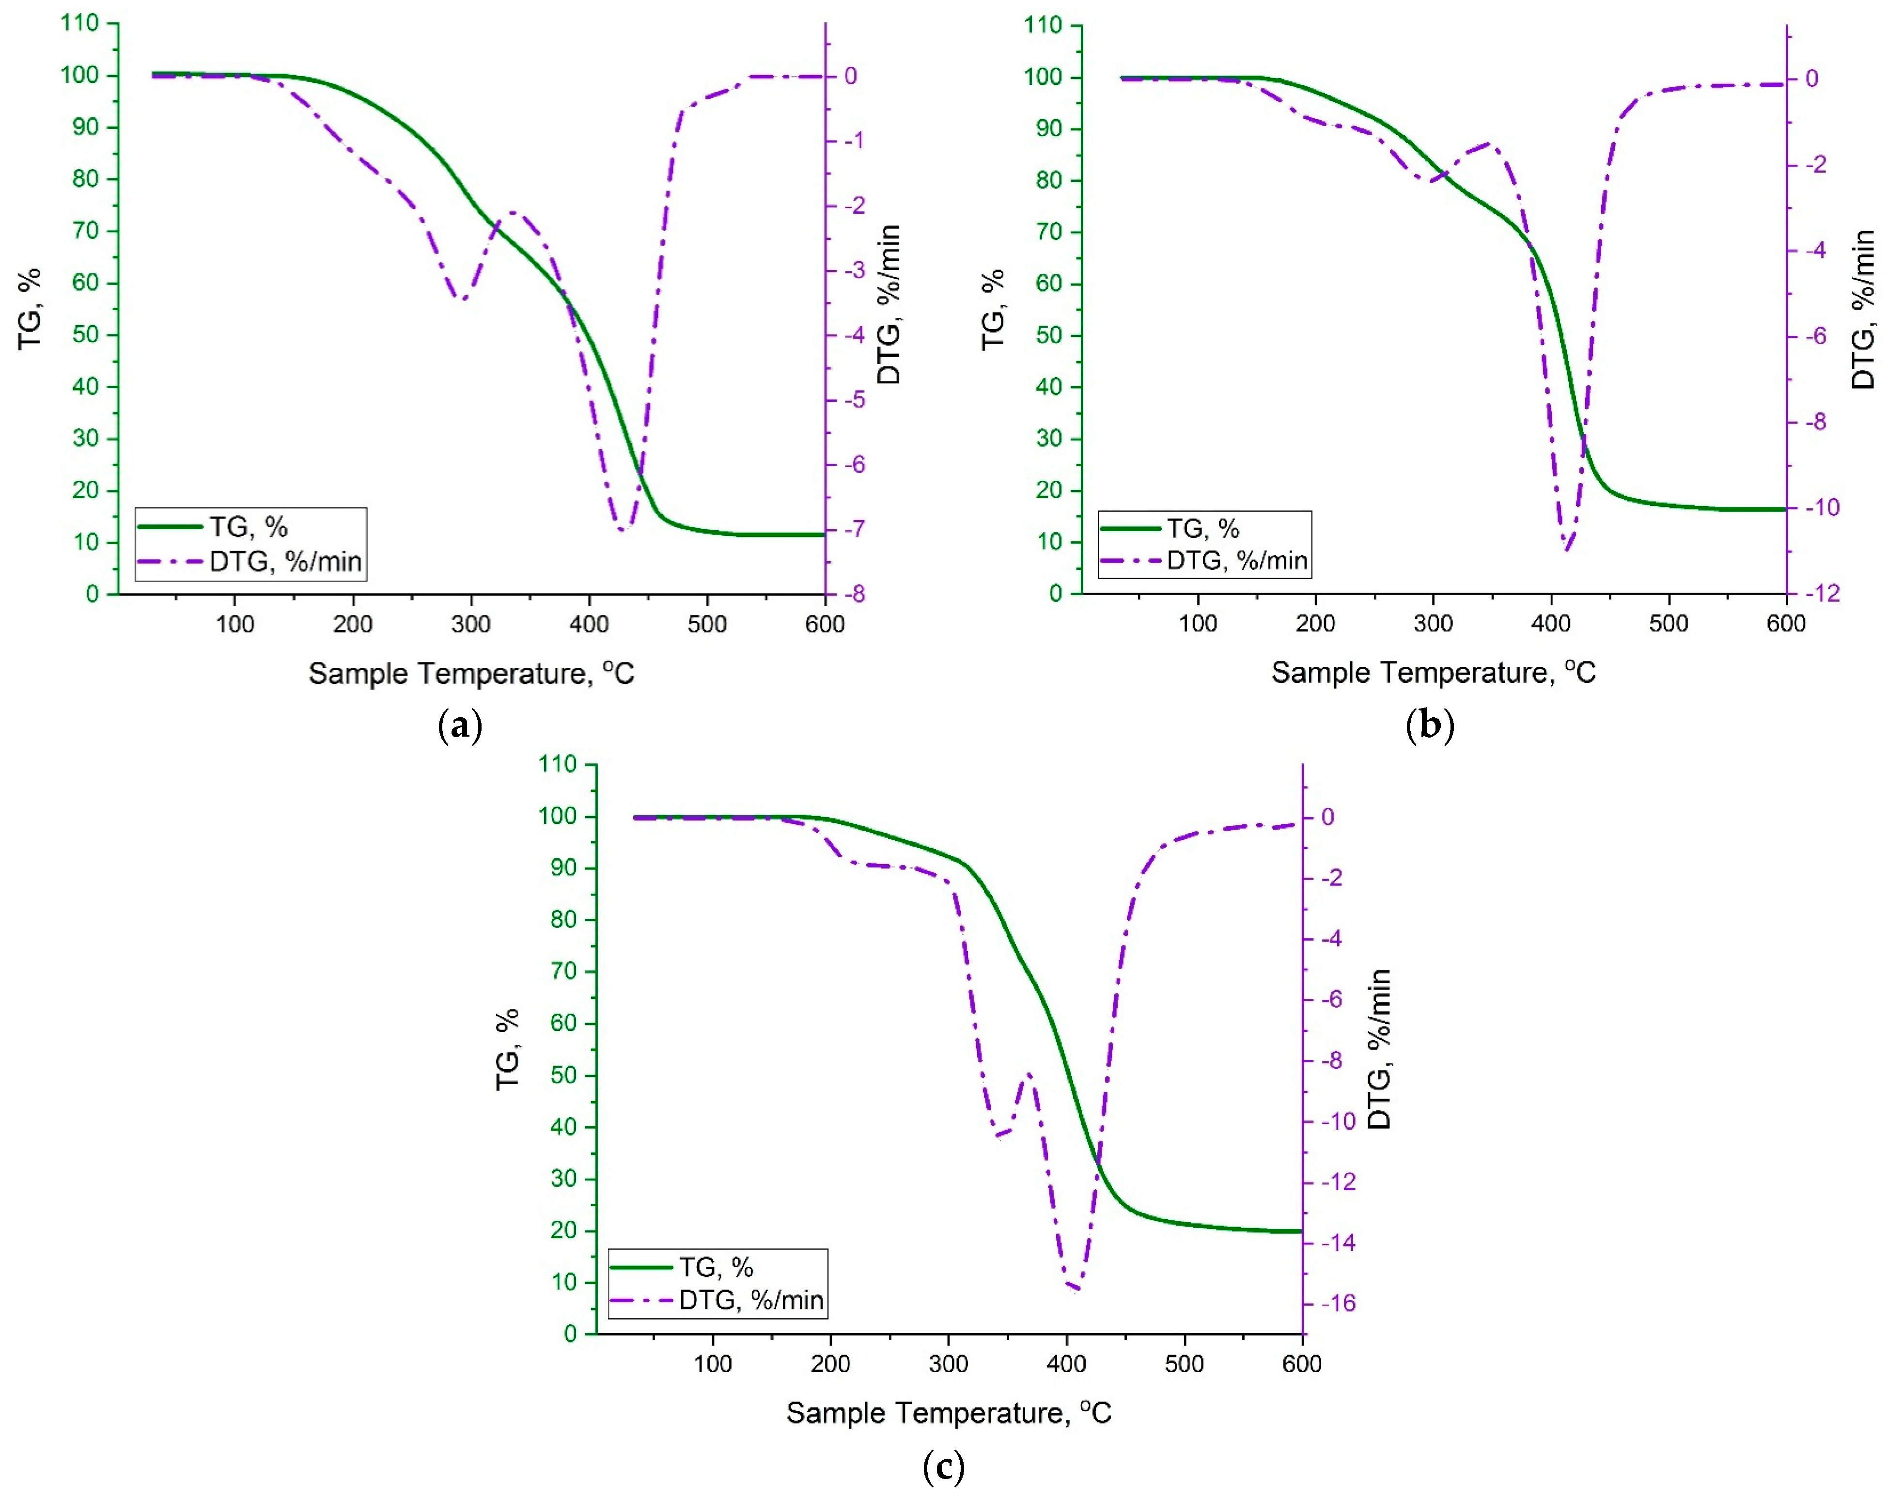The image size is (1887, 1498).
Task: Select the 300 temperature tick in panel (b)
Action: click(x=1433, y=623)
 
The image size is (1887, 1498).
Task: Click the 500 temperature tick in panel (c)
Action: click(x=1184, y=1363)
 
